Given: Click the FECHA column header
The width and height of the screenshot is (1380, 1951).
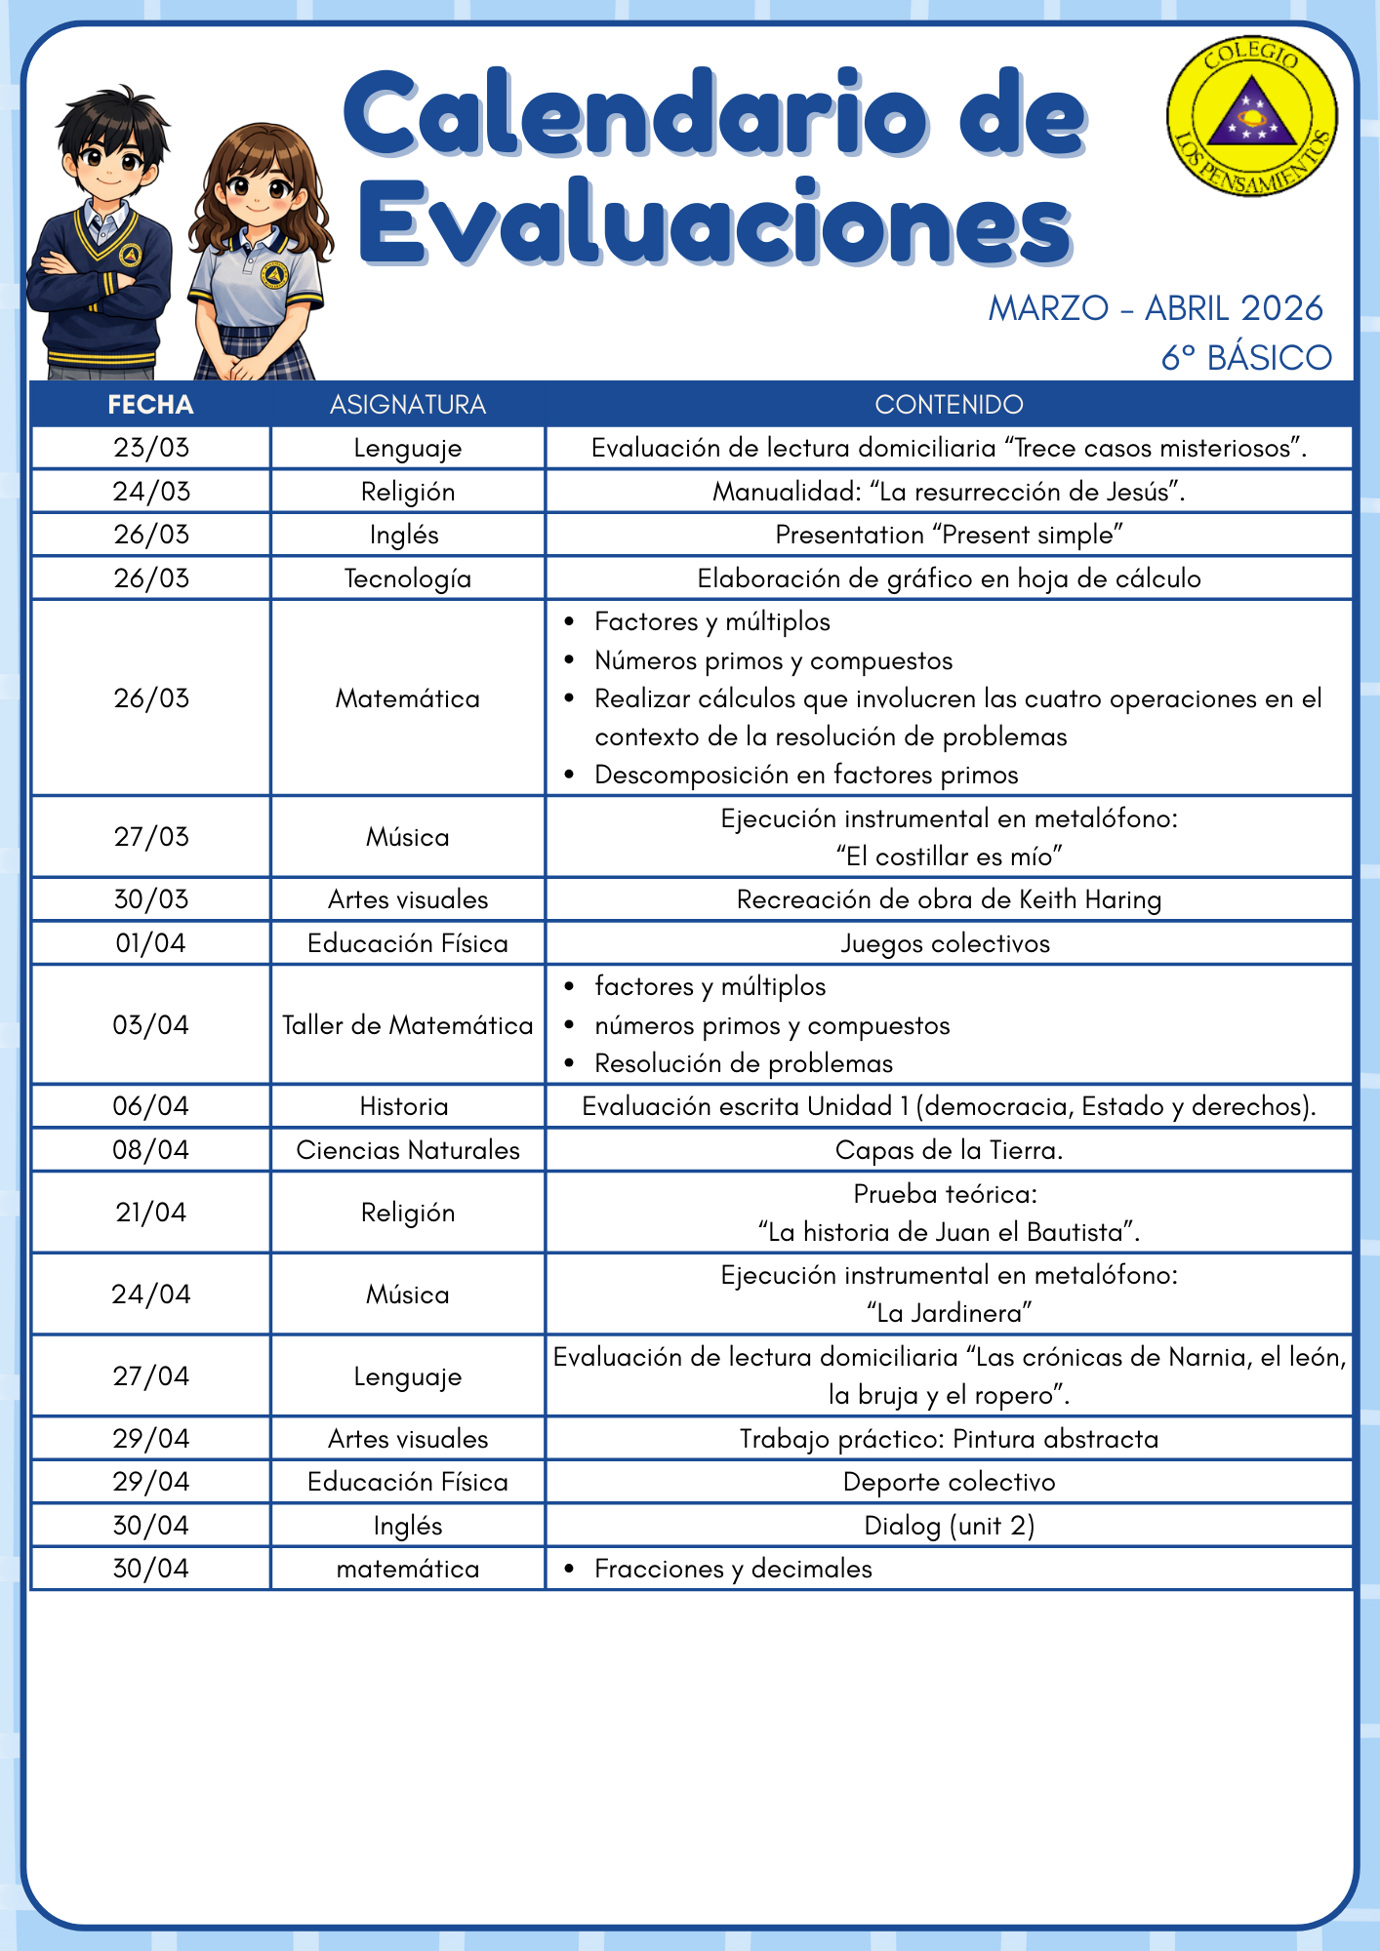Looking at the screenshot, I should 150,405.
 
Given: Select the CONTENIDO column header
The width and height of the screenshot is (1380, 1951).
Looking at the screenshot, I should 949,405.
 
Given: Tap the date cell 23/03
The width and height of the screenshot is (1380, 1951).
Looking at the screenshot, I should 150,448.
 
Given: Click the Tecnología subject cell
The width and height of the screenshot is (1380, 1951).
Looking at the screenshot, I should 407,578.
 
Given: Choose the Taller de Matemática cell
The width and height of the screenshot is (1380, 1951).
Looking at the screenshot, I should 407,1025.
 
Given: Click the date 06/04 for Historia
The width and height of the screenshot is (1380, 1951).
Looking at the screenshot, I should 150,1106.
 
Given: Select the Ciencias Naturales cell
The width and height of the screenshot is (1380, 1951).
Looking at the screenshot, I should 407,1150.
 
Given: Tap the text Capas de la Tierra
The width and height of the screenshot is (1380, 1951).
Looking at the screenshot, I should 949,1150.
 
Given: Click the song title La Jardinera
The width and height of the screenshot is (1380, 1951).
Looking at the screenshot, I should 949,1313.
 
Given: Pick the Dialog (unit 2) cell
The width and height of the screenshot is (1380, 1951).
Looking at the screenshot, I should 949,1526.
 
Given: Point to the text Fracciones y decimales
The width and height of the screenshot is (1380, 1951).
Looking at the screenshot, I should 733,1569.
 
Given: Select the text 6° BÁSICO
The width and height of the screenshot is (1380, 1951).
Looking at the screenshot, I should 1245,358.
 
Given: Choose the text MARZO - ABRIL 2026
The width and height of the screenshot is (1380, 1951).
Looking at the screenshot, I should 1156,308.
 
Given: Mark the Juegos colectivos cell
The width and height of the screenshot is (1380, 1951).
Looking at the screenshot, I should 945,943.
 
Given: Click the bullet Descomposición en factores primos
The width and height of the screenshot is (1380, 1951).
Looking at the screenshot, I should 806,775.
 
